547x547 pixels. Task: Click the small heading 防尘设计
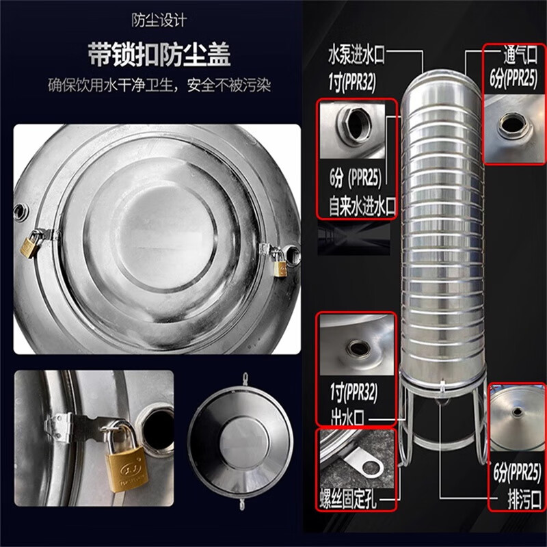point(159,21)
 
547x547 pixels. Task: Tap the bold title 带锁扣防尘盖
point(159,54)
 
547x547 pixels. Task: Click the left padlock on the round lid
point(31,245)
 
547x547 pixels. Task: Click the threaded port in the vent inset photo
point(512,125)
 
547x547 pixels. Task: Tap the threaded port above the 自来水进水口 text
point(356,125)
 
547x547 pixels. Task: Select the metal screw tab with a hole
point(366,465)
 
